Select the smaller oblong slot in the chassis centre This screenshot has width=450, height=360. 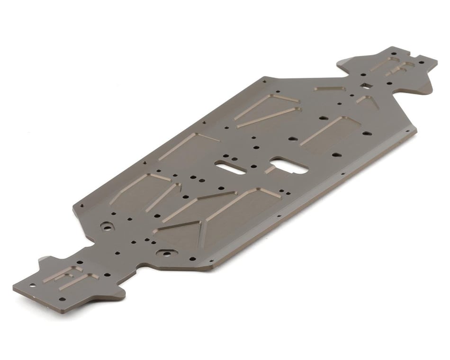[x=231, y=167]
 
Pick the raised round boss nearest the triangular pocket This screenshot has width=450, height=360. [x=166, y=253]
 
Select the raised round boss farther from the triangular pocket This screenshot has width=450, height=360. [x=108, y=226]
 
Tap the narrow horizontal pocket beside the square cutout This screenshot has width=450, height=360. [x=330, y=89]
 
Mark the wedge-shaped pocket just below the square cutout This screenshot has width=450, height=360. [x=367, y=101]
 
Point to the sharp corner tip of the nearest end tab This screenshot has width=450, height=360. [x=14, y=288]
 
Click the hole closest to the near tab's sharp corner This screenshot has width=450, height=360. [x=32, y=285]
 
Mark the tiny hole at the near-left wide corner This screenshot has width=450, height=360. [x=81, y=207]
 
